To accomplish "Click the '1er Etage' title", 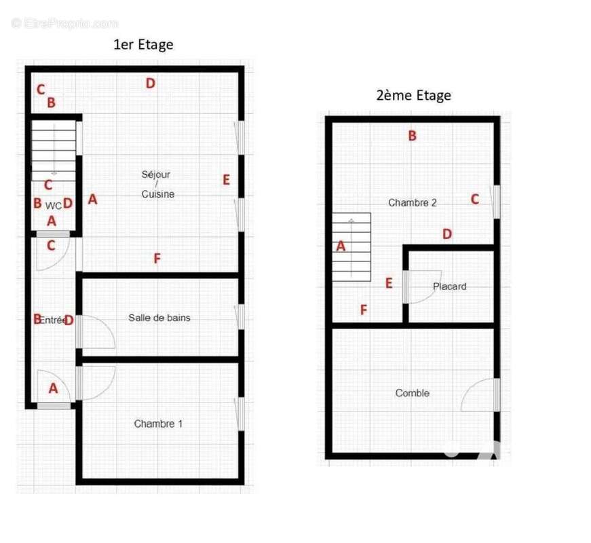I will (x=142, y=45).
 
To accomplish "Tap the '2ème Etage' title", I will (x=413, y=95).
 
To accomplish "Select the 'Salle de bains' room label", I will (x=160, y=318).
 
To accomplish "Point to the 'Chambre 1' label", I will (x=158, y=424).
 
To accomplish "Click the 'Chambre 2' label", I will (x=412, y=202).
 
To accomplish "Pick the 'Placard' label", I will (x=449, y=286).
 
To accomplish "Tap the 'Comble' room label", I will (x=412, y=393).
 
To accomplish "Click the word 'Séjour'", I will (x=156, y=174).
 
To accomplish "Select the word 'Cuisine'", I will (x=157, y=194).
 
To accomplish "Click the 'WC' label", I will (x=54, y=205).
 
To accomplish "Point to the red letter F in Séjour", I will (x=157, y=259).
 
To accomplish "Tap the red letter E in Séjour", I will (x=226, y=180).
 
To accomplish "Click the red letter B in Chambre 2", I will (x=412, y=136).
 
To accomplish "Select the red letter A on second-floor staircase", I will (x=341, y=246).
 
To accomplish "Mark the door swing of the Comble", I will (x=480, y=396).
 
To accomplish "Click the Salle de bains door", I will (x=95, y=333).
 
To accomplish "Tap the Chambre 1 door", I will (x=96, y=381).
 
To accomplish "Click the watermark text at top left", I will (x=64, y=23).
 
